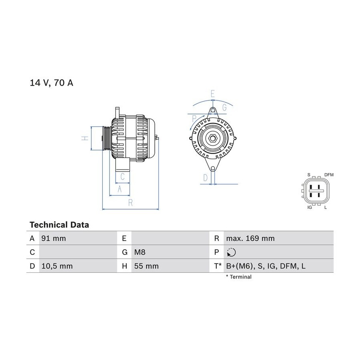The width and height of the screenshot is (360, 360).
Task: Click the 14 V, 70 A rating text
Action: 52,83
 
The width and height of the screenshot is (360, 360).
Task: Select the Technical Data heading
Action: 59,225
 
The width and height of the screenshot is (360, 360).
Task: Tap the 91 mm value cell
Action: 54,238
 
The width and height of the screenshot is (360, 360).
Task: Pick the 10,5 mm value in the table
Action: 57,266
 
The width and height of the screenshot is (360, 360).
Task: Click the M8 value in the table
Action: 140,252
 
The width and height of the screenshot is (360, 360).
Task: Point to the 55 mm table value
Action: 146,266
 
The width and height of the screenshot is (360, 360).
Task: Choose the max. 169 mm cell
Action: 250,238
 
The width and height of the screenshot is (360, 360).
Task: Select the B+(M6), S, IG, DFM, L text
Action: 266,266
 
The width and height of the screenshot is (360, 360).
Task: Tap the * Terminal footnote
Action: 239,277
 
